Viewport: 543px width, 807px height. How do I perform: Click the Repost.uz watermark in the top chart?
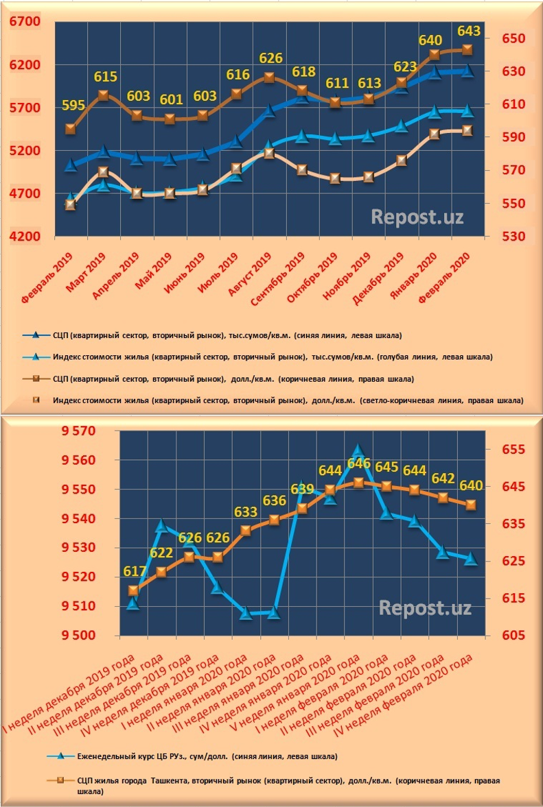(x=417, y=217)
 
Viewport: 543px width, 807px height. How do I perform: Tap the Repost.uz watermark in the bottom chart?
(x=425, y=608)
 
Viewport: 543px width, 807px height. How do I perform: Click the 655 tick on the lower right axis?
(x=509, y=450)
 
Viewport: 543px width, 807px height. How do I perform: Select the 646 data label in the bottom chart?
(x=358, y=463)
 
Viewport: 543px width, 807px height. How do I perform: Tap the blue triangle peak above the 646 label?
(x=358, y=450)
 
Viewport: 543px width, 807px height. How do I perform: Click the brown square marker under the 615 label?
(x=104, y=95)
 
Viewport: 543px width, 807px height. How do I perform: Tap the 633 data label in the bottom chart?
(x=246, y=512)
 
